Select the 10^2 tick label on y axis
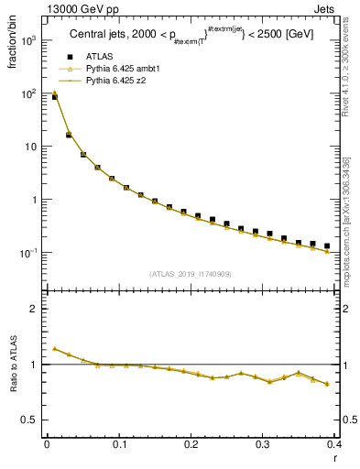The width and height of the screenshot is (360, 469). click(29, 93)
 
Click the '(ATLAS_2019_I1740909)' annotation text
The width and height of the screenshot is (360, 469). click(190, 274)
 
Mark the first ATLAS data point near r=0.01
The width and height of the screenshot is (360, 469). click(54, 96)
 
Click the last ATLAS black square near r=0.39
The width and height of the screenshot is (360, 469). click(327, 245)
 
